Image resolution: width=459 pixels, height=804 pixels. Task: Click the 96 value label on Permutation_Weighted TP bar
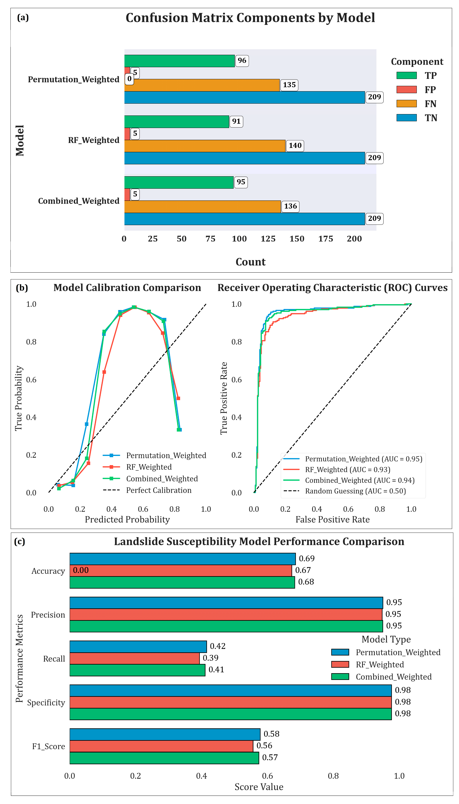click(x=242, y=61)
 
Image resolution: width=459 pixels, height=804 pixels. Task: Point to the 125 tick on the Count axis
click(x=268, y=239)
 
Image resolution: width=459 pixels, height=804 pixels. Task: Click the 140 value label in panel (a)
click(x=295, y=146)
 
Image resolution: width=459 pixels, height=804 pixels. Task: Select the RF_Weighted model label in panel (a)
click(x=94, y=140)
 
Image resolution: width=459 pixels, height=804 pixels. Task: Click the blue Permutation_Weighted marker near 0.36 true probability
click(x=87, y=424)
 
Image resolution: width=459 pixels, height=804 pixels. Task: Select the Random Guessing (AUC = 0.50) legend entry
click(x=355, y=491)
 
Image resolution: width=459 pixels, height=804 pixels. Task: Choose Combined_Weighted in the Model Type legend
click(x=393, y=677)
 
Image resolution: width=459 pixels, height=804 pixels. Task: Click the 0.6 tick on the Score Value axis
click(x=267, y=776)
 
